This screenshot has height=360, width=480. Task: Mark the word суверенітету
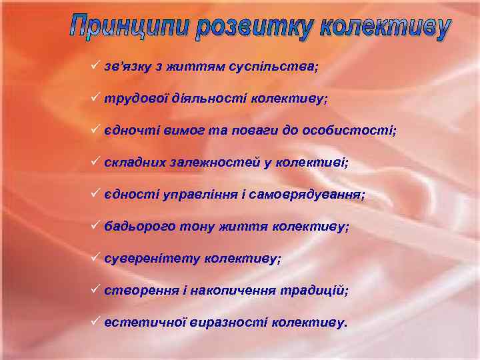[x=152, y=259]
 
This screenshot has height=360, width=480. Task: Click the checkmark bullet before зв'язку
[x=96, y=66]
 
